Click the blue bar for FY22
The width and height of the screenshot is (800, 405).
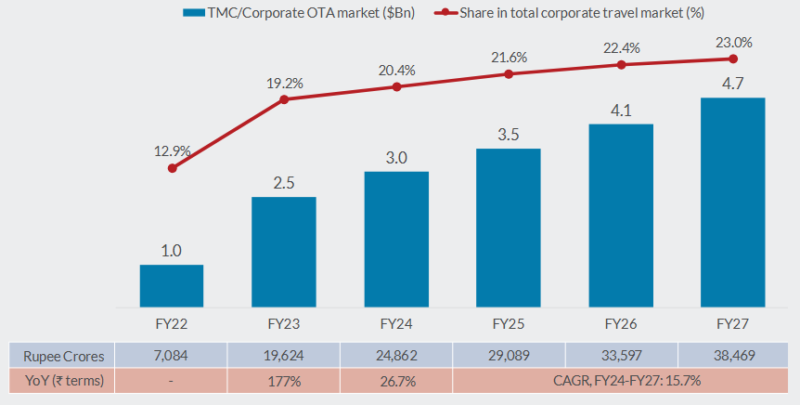pos(172,285)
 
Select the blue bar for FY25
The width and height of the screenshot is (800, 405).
pos(509,228)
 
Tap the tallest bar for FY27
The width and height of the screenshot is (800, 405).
pos(733,202)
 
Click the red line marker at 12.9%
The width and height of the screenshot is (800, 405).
pos(172,168)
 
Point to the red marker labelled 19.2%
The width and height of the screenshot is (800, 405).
pos(284,98)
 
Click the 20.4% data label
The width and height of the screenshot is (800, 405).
pos(396,70)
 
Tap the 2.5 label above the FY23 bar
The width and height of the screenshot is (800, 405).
pos(284,182)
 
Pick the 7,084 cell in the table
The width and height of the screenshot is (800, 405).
pos(172,355)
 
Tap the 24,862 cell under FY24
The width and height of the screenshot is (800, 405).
pos(396,355)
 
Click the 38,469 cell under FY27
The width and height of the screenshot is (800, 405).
pos(733,355)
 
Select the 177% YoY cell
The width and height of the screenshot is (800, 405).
pos(284,380)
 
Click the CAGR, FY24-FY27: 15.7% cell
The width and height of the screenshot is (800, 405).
pos(621,380)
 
